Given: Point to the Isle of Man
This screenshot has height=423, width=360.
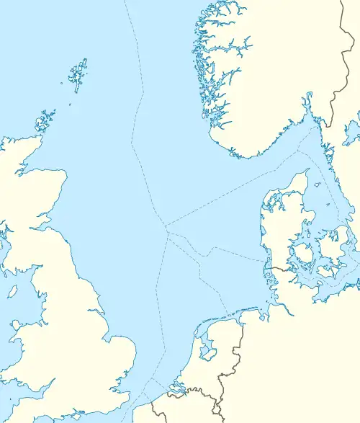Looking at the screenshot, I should pyautogui.click(x=12, y=292).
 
